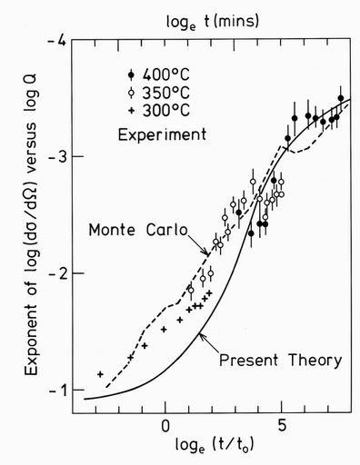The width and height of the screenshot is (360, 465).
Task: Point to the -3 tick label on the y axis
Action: [61, 157]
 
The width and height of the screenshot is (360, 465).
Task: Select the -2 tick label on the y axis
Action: [61, 273]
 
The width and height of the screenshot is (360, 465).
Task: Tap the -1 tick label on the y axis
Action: [61, 390]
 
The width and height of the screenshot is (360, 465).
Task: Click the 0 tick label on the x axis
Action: [165, 425]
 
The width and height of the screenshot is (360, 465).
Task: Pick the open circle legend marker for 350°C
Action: [133, 93]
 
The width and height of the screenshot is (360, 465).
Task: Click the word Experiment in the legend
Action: [163, 134]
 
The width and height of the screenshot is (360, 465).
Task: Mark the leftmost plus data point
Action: [100, 374]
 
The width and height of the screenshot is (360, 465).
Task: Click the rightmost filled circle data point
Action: [341, 98]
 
